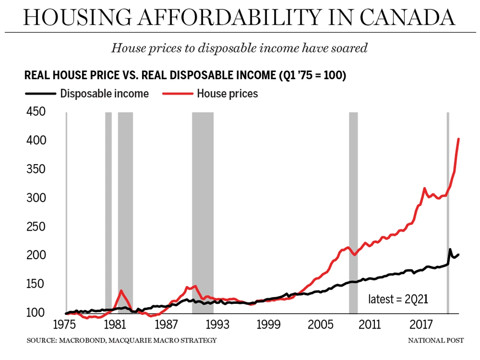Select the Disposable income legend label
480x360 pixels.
(104, 94)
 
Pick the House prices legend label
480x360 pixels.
(227, 94)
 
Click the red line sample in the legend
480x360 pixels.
(177, 94)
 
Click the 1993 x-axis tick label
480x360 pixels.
(217, 325)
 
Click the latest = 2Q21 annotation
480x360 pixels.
(398, 299)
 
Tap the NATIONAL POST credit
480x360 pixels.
(436, 340)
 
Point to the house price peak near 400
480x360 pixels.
(458, 139)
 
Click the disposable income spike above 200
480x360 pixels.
(450, 249)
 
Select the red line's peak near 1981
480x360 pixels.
(121, 291)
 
